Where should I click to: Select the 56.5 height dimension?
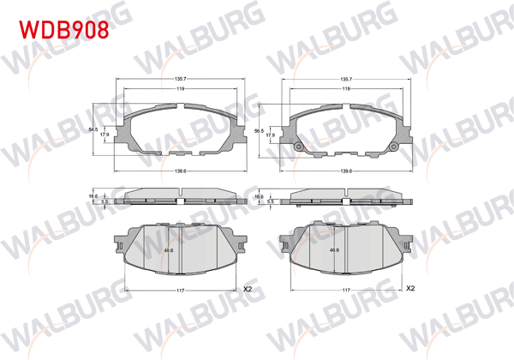coord(259,131)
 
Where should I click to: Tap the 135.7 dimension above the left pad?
coord(181,81)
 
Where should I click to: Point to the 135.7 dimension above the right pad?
coord(347,81)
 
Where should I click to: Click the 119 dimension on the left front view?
coord(180,89)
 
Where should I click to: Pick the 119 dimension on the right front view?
coord(346,89)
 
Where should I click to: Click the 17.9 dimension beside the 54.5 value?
coord(104,135)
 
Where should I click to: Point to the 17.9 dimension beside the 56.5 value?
coord(269,135)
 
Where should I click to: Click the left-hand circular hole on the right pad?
coord(298,147)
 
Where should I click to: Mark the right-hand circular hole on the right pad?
coord(395,147)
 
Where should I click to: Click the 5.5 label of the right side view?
coord(270,202)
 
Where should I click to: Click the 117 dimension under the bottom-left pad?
coord(180,291)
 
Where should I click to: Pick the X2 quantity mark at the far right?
coord(410,289)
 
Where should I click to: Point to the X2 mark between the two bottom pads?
coord(248,289)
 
